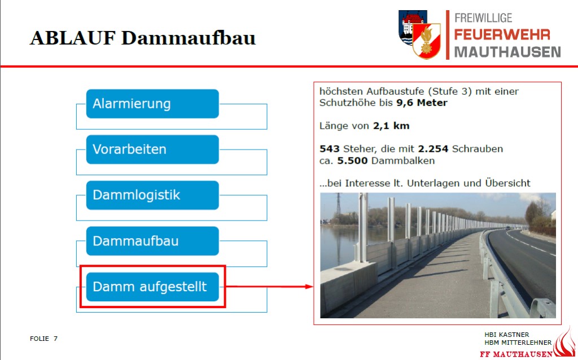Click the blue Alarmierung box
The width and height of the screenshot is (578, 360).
coord(152,103)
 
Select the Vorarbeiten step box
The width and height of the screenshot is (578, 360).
coord(152,149)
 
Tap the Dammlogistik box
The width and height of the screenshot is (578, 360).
coord(152,195)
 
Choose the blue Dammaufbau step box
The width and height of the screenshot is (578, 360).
coord(152,241)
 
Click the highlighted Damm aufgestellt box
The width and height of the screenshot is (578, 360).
coord(152,287)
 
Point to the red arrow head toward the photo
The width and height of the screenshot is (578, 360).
coord(309,286)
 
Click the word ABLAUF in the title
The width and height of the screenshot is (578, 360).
coord(73,38)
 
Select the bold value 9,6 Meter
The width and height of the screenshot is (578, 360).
coord(422,103)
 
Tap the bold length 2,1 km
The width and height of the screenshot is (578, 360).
coord(391,126)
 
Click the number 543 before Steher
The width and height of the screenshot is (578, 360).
coord(329,149)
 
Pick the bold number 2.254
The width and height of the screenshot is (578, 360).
coord(433,149)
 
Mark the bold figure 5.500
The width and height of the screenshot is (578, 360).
coord(352,161)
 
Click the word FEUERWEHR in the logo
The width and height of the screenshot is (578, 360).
coord(502,34)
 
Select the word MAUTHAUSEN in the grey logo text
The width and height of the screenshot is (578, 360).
coord(507,52)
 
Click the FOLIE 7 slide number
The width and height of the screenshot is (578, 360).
coord(43,339)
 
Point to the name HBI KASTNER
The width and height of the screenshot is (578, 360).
coord(506,335)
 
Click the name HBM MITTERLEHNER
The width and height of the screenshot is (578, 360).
coord(518,343)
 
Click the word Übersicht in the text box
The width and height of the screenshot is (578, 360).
coord(507,183)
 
